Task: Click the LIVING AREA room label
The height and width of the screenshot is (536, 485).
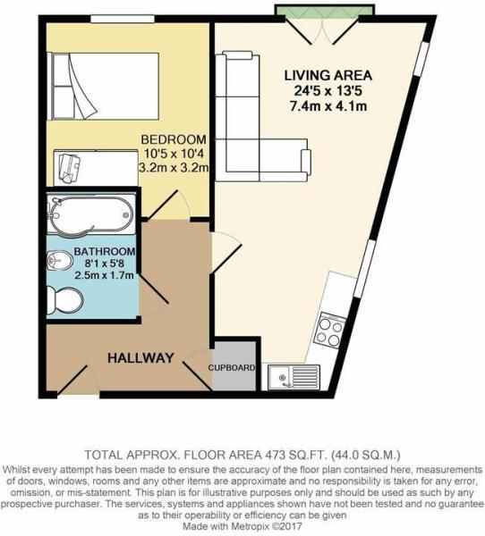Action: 328,75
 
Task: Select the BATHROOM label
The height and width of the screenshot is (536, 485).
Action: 105,251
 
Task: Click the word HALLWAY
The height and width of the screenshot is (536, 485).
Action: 140,357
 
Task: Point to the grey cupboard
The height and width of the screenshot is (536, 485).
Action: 234,365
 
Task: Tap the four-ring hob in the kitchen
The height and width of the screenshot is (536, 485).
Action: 329,332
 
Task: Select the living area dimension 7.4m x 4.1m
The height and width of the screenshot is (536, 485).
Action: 328,106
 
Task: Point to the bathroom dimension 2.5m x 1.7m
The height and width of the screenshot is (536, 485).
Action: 105,277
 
